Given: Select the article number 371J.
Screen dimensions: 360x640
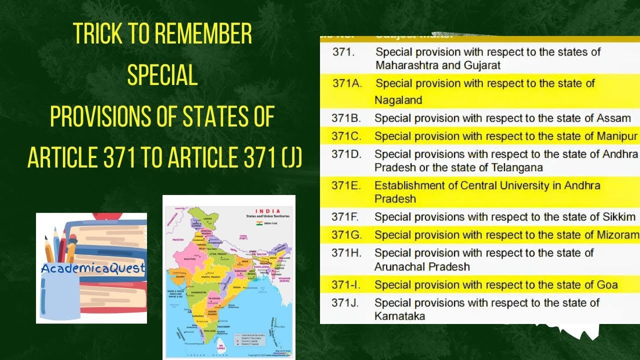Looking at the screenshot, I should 345,303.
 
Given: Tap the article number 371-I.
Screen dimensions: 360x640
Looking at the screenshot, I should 345,285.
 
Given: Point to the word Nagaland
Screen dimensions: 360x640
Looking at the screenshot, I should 398,100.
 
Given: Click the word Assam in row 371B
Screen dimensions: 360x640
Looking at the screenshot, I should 613,118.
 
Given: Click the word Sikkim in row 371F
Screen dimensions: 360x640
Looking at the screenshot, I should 618,217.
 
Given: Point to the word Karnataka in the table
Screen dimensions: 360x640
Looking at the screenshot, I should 399,316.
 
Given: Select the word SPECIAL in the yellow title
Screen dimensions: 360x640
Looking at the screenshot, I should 162,75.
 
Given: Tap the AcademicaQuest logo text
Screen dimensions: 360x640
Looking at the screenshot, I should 92,268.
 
